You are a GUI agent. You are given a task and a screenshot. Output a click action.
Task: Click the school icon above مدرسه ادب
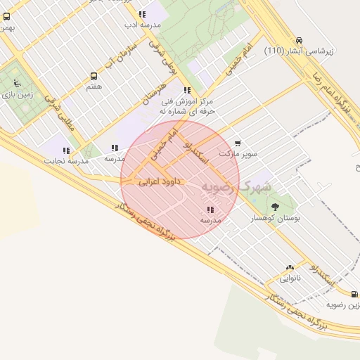click(143, 14)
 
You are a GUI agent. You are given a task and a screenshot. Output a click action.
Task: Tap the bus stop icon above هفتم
click(94, 76)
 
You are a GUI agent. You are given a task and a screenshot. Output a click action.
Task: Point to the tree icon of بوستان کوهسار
click(274, 207)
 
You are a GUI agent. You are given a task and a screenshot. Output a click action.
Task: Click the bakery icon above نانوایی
click(290, 268)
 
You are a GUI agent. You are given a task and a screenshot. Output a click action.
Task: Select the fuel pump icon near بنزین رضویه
click(354, 295)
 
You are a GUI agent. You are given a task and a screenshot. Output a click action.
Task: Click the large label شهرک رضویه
click(240, 187)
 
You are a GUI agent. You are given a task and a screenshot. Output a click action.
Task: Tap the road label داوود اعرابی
click(160, 181)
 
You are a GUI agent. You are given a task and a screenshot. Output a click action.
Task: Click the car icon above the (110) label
click(300, 40)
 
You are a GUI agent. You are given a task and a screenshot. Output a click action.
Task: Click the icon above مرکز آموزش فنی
click(186, 90)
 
